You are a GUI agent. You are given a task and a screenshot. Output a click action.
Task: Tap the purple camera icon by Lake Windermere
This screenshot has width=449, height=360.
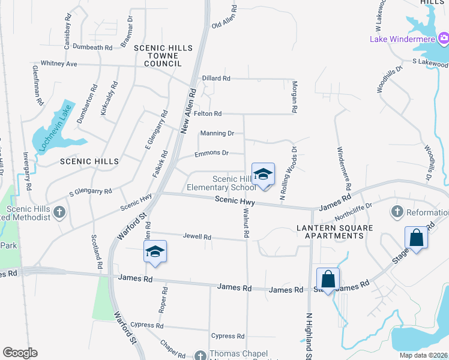click(x=444, y=40)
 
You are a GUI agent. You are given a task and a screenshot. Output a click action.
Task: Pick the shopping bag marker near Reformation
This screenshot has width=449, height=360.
click(x=416, y=238)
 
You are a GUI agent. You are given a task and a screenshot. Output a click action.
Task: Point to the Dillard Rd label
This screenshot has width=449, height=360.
click(x=216, y=78)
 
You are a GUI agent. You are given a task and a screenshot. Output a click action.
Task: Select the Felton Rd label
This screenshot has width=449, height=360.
click(x=208, y=113)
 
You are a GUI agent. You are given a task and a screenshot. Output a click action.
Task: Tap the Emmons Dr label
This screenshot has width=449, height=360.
click(x=211, y=153)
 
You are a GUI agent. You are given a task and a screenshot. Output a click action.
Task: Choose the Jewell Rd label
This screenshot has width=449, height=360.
click(x=199, y=237)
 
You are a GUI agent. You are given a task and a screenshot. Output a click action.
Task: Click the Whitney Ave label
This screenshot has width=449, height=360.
click(x=59, y=64)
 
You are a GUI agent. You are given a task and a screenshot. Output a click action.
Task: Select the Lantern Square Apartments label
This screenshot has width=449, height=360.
click(x=335, y=232)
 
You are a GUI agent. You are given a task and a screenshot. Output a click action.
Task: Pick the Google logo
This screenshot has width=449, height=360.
click(x=20, y=353)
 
